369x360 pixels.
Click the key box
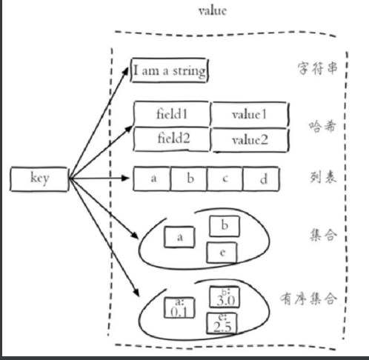[x=39, y=179]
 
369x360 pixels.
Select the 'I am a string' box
[x=170, y=71]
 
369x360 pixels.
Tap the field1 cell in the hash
[x=172, y=115]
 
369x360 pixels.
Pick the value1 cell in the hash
[x=249, y=115]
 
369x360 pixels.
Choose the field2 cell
[x=172, y=138]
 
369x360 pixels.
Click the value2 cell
[x=249, y=139]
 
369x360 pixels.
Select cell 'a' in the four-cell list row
[x=152, y=179]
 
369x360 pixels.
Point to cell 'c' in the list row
[x=225, y=179]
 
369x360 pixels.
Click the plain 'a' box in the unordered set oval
[x=179, y=237]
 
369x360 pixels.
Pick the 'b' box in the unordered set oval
[x=224, y=225]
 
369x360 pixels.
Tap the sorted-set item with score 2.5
[x=222, y=324]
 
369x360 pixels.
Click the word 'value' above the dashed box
[x=213, y=11]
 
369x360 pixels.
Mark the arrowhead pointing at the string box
[x=128, y=68]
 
